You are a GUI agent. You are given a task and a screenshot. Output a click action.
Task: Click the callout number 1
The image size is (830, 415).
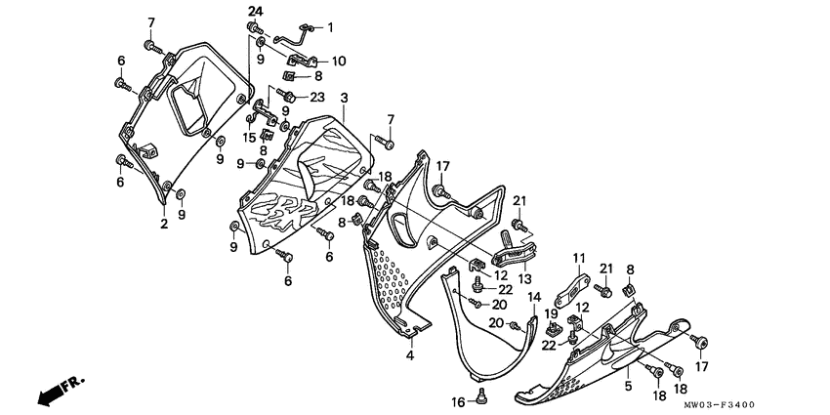point(329,26)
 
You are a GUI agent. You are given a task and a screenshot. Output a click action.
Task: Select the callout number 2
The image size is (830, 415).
point(164,224)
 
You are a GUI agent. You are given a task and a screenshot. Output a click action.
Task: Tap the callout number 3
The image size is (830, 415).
point(344,100)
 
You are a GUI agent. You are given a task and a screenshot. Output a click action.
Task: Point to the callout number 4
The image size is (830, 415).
point(410,355)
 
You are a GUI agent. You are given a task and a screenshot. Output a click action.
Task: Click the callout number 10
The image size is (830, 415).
point(339,61)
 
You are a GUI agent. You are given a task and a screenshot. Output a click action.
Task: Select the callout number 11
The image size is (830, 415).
point(578,259)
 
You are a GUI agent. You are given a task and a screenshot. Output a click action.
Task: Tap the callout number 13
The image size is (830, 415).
point(524,278)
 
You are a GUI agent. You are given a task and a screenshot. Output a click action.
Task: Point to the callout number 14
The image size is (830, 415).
point(534,296)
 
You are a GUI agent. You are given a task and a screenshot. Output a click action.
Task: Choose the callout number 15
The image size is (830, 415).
point(249,139)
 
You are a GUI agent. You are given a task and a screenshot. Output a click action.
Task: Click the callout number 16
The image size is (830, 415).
point(455,402)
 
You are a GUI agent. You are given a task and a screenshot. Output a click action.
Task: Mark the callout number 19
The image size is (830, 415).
point(550,314)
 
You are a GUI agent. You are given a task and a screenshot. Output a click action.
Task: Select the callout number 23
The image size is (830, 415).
point(316,96)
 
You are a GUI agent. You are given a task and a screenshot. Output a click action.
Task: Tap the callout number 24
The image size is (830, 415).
point(255,11)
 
